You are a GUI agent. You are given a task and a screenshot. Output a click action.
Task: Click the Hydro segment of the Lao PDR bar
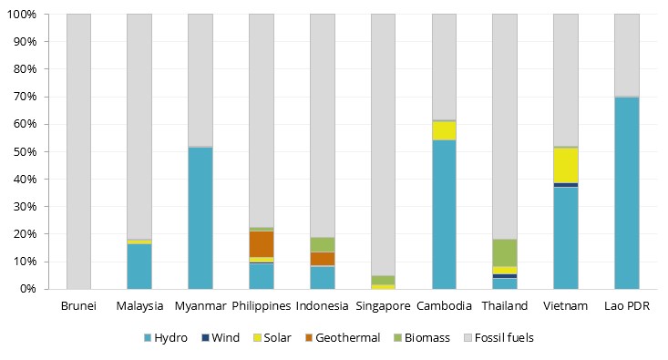coord(626,193)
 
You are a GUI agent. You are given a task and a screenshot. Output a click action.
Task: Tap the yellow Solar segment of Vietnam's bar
coord(565,165)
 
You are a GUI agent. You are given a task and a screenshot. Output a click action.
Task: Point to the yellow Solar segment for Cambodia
coord(444,130)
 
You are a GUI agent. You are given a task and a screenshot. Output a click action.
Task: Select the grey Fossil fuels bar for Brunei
coord(78,151)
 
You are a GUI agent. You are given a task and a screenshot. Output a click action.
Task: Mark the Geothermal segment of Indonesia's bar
coord(322,259)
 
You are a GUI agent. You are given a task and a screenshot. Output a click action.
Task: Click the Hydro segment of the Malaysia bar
coord(139,266)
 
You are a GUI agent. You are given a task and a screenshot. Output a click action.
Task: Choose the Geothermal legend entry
coord(341,338)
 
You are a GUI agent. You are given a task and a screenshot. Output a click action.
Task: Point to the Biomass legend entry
coord(421,338)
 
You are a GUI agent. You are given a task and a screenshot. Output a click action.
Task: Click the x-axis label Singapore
coord(383,305)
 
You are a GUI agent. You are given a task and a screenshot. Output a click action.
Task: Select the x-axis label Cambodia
coord(444,305)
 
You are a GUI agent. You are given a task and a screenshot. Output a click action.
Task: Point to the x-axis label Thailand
coord(504,305)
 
